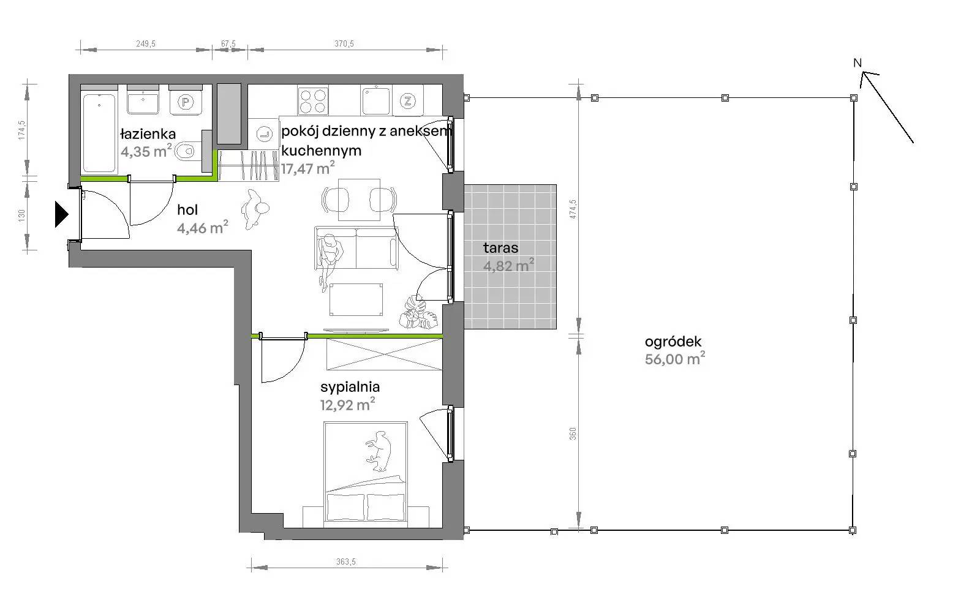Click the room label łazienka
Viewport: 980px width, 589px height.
tap(148, 134)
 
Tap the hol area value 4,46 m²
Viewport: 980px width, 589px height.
tap(203, 227)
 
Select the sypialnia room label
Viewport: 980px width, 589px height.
tap(350, 387)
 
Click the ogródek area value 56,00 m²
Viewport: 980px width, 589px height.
tap(674, 359)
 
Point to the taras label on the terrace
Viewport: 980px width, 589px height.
tap(500, 248)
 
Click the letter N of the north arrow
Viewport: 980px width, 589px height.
tap(858, 63)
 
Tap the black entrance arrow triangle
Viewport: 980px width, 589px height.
tap(61, 214)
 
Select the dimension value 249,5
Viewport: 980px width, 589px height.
tap(146, 43)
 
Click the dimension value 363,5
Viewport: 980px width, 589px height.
tap(345, 561)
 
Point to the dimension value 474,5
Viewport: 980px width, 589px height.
tap(573, 209)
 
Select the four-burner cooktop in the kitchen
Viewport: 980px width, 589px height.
tap(313, 101)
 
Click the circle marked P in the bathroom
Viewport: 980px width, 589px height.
tap(186, 102)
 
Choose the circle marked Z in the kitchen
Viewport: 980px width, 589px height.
tap(408, 102)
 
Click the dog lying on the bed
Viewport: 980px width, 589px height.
tap(379, 451)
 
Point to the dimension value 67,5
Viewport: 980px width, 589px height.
tap(228, 43)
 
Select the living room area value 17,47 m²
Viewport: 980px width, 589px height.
tap(307, 168)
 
